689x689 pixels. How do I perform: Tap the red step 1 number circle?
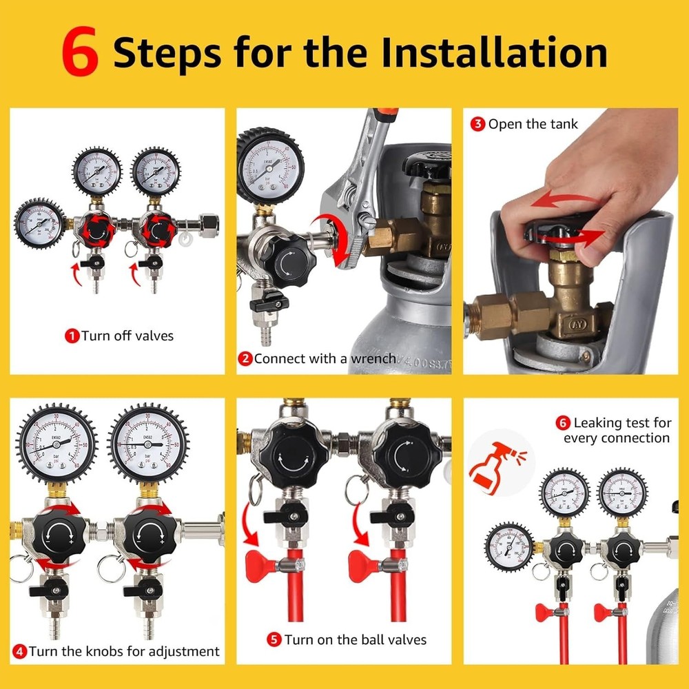click(72, 336)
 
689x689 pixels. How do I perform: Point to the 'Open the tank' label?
click(533, 125)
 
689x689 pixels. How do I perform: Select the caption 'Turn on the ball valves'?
click(355, 639)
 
